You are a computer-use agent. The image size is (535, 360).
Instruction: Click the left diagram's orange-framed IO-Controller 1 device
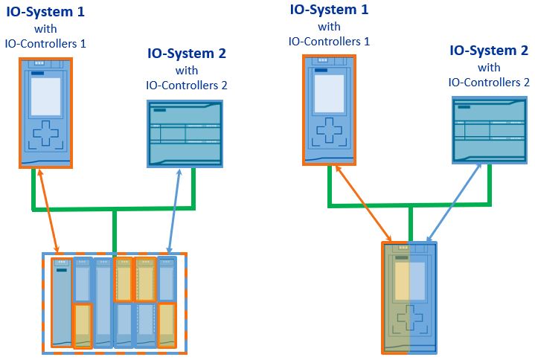pos(45,113)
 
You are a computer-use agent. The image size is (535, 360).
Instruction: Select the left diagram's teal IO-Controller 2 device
pos(185,134)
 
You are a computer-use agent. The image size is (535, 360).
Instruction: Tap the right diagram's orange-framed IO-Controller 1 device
pos(329,110)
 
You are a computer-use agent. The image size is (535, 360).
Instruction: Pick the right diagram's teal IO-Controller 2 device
pos(490,130)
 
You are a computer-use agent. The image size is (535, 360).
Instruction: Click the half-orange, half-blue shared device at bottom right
pos(409,298)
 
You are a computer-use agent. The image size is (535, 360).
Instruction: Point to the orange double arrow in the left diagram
pos(48,211)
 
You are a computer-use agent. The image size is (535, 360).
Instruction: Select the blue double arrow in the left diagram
pos(174,211)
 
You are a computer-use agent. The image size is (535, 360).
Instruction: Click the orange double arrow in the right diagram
pos(363,203)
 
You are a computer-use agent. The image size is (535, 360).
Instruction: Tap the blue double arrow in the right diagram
pos(454,202)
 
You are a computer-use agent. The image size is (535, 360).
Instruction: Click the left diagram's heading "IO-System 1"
pos(45,12)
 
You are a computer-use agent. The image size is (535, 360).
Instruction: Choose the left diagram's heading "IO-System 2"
pos(187,54)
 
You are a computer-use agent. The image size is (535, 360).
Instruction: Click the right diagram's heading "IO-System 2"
pos(489,51)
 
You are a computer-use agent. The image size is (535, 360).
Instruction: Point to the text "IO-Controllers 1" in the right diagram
pos(329,42)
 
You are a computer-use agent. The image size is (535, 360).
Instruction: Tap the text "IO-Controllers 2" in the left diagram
pos(187,86)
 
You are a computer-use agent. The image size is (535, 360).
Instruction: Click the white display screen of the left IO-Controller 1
pos(45,97)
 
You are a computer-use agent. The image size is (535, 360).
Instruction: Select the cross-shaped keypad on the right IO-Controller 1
pos(329,130)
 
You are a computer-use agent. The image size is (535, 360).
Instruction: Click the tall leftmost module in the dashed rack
pos(62,303)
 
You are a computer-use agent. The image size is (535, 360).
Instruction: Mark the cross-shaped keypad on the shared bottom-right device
pos(410,318)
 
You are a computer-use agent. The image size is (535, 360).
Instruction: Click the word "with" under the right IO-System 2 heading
pos(489,68)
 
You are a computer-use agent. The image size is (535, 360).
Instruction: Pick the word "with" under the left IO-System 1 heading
pos(45,29)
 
